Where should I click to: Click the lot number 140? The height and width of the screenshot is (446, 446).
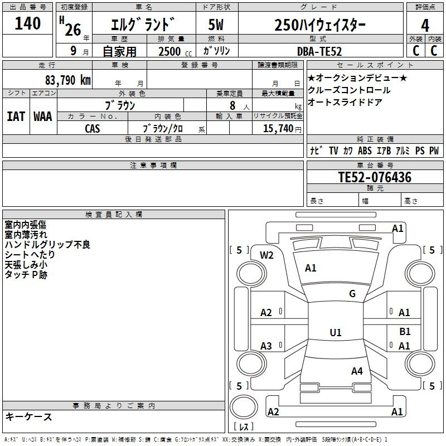point(28,24)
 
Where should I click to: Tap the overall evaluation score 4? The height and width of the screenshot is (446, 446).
point(425,26)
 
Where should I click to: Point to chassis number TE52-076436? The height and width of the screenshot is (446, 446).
point(375,178)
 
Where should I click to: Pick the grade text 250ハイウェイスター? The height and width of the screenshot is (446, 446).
point(320,25)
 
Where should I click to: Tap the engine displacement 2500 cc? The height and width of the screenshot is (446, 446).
point(171,51)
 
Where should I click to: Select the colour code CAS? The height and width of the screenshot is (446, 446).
point(93,128)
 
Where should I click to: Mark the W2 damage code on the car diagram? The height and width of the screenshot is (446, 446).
point(267,255)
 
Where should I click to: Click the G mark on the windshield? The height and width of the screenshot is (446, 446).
point(352,293)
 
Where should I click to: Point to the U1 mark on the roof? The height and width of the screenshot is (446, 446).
point(336,332)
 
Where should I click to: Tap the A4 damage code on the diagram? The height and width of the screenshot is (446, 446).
point(357,371)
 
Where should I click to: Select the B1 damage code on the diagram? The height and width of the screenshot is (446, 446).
point(405,331)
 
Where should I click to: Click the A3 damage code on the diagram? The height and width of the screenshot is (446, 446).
point(266,346)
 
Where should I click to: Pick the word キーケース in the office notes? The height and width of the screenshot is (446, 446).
point(29,416)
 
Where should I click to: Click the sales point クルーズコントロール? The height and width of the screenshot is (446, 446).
point(350,90)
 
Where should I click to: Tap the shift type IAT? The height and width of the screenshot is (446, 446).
point(15,117)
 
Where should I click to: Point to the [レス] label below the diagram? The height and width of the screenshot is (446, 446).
point(244,426)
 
